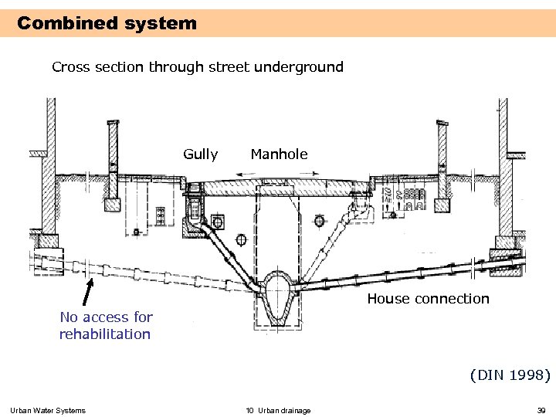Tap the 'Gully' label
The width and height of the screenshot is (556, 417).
[200, 154]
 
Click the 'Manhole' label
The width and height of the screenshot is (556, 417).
[279, 154]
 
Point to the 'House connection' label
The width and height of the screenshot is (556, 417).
[428, 299]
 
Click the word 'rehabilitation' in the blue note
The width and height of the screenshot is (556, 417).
[105, 334]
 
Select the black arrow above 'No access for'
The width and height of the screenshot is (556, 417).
[88, 293]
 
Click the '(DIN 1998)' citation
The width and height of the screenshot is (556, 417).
[510, 375]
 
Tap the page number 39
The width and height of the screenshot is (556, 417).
[541, 410]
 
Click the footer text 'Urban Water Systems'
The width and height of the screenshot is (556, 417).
[48, 410]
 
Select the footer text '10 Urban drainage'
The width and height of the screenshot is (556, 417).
[278, 410]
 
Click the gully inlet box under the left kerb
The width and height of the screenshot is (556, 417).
[193, 205]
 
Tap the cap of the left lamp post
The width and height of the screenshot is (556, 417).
[114, 124]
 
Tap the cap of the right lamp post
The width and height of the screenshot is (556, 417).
[442, 123]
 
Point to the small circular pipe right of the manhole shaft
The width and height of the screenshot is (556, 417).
[319, 222]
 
